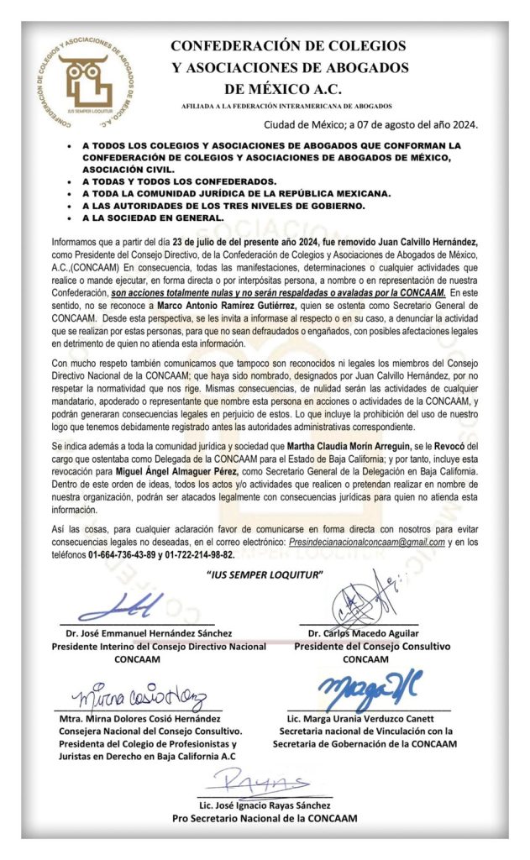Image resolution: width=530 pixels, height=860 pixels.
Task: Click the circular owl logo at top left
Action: (86, 80)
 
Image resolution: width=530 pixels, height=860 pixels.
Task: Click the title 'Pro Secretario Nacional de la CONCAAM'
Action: (265, 818)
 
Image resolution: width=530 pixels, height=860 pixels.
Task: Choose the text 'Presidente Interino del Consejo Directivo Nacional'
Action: (159, 646)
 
